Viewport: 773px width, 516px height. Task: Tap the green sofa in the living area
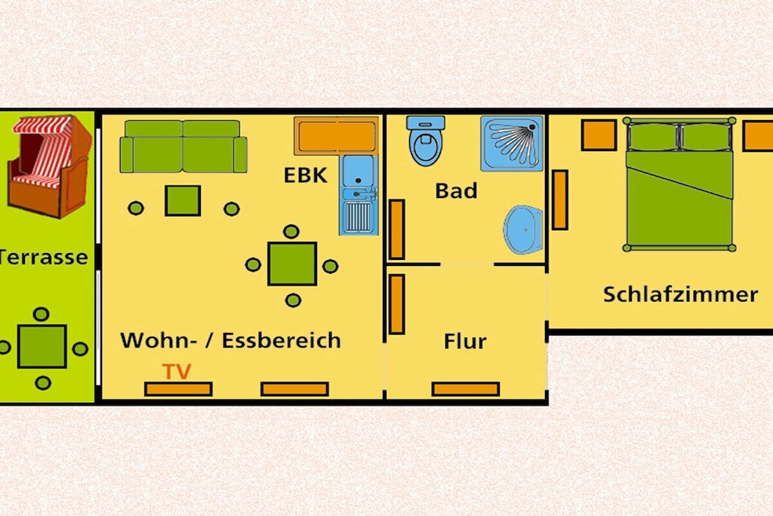[x=183, y=147]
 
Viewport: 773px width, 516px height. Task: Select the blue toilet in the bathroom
[x=426, y=141]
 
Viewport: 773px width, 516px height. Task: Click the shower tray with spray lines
[x=512, y=144]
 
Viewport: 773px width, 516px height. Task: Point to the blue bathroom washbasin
[x=523, y=230]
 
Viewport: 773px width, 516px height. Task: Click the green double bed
[x=679, y=184]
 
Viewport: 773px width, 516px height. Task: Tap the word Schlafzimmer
[x=680, y=295]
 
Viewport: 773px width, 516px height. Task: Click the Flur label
[x=465, y=341]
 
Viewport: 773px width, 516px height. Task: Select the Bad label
[x=456, y=190]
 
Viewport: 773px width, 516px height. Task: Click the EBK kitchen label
[x=306, y=175]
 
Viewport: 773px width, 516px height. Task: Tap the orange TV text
[x=177, y=372]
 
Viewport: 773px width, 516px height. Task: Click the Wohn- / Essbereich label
[x=231, y=341]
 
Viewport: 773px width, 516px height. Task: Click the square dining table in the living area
[x=292, y=264]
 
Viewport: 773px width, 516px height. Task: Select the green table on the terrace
[x=42, y=346]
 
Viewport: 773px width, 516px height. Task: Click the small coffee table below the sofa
[x=183, y=201]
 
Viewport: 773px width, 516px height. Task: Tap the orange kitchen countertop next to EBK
[x=336, y=136]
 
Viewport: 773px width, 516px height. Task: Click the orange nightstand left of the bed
[x=599, y=134]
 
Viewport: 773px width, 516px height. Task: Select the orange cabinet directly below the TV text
[x=178, y=389]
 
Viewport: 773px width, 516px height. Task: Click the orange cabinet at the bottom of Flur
[x=466, y=389]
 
